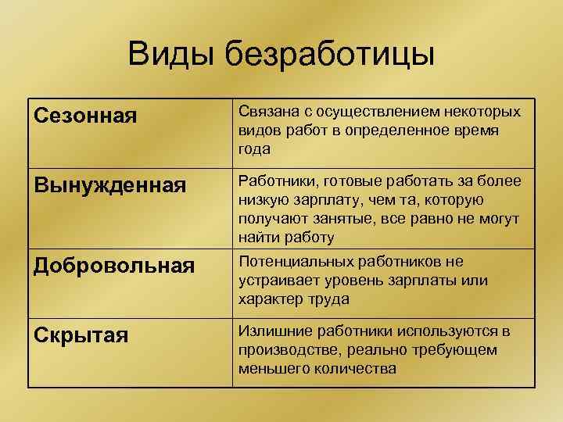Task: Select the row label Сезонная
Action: [x=87, y=116]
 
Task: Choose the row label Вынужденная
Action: [x=110, y=186]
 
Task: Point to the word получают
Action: [x=270, y=219]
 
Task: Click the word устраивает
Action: [x=276, y=281]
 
